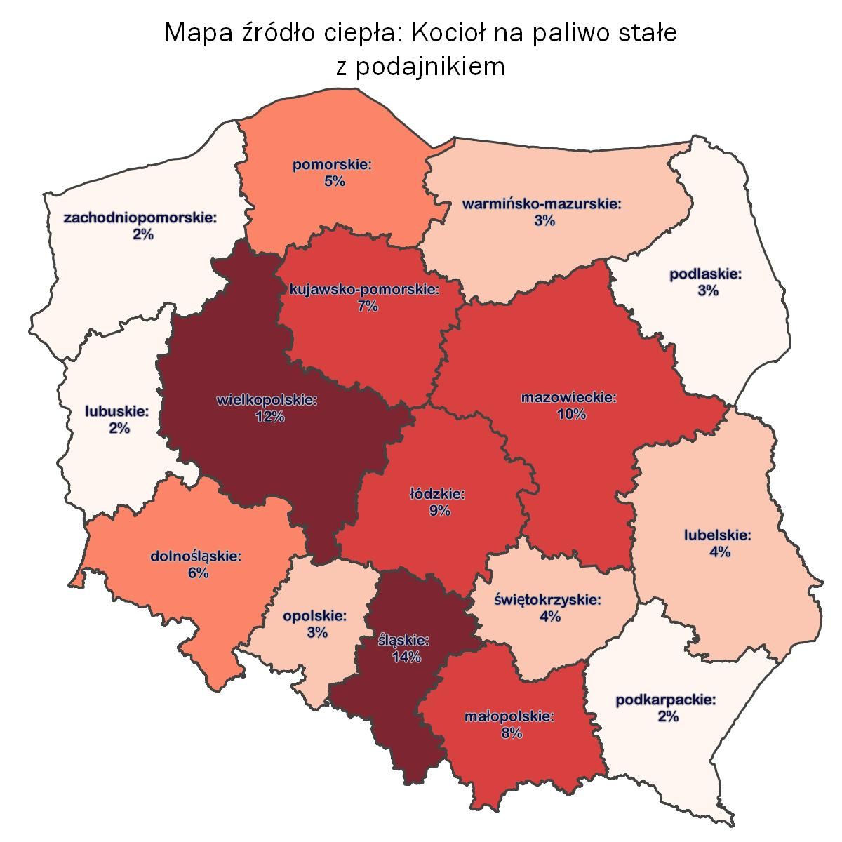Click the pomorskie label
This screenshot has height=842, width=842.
coord(333,166)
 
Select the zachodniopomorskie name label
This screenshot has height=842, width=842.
coord(140,218)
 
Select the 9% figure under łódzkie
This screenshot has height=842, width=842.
coord(440,511)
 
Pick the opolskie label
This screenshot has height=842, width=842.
coord(316,616)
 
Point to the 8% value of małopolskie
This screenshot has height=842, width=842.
coord(512,733)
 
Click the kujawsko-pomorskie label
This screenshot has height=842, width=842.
coord(365,290)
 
